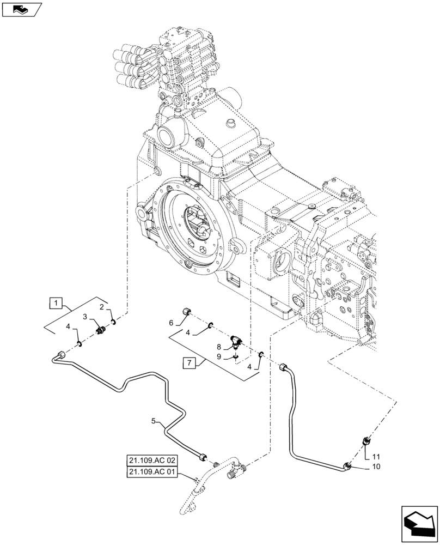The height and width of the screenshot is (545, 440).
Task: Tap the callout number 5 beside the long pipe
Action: pyautogui.click(x=154, y=421)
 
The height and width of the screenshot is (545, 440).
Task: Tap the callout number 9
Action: pyautogui.click(x=219, y=357)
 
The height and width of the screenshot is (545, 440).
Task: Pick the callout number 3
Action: pyautogui.click(x=85, y=317)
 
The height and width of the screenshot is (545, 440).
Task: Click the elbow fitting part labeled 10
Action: pyautogui.click(x=347, y=465)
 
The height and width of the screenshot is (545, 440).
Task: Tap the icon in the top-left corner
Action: pyautogui.click(x=22, y=9)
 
